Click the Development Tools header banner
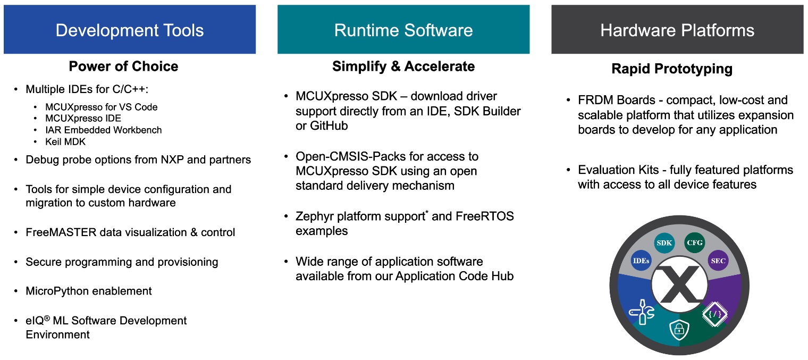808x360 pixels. [129, 30]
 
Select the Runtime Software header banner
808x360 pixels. [403, 30]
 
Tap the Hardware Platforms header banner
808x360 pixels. [677, 30]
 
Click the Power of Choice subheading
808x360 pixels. [123, 66]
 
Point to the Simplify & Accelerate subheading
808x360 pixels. [403, 66]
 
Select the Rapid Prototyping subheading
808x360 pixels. [672, 69]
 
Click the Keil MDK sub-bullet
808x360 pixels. [65, 141]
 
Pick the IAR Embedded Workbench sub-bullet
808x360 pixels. [103, 130]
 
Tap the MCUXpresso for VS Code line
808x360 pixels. [101, 107]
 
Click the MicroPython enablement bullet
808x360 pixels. [88, 291]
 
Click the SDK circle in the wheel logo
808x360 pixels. [664, 243]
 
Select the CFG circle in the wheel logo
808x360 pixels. [694, 243]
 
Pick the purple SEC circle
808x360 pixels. [718, 261]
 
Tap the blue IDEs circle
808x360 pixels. [641, 261]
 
